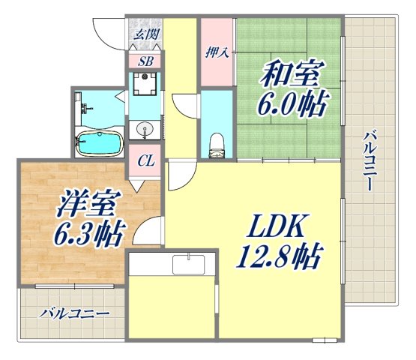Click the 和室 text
(292, 76)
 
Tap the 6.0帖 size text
(291, 106)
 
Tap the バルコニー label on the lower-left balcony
(75, 312)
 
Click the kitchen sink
(188, 265)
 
